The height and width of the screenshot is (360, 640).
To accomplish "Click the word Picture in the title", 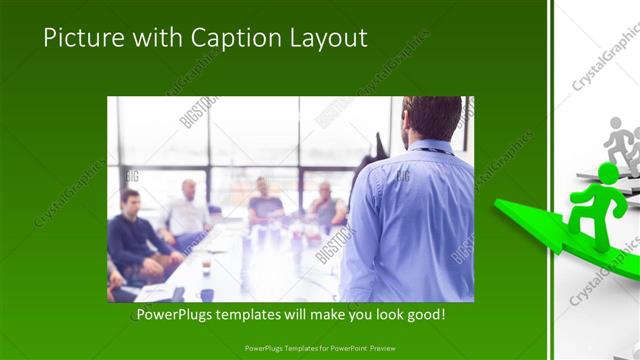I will [83, 38].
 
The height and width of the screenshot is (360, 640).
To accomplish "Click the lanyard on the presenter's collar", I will [431, 151].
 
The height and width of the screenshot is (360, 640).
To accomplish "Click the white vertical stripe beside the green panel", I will [551, 180].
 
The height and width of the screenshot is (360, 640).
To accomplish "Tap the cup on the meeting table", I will [206, 268].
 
